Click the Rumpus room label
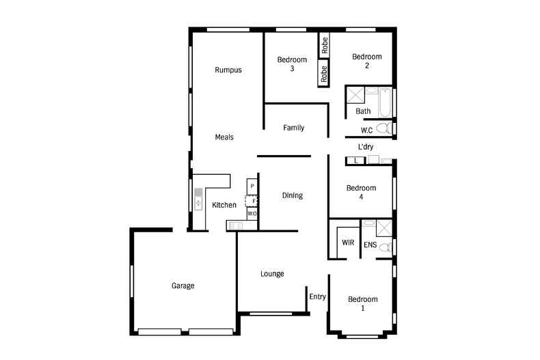point(228,70)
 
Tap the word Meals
point(224,137)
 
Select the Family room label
point(293,128)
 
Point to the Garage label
point(183,286)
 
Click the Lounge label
point(272,274)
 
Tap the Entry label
point(317,296)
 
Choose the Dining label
point(292,195)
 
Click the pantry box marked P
point(252,186)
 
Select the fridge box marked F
point(252,200)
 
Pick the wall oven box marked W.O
point(252,214)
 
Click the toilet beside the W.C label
point(384,128)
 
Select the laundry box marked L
point(355,161)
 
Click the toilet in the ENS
point(385,247)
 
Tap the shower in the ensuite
point(384,228)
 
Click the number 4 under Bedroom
point(361,197)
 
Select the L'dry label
point(365,147)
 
